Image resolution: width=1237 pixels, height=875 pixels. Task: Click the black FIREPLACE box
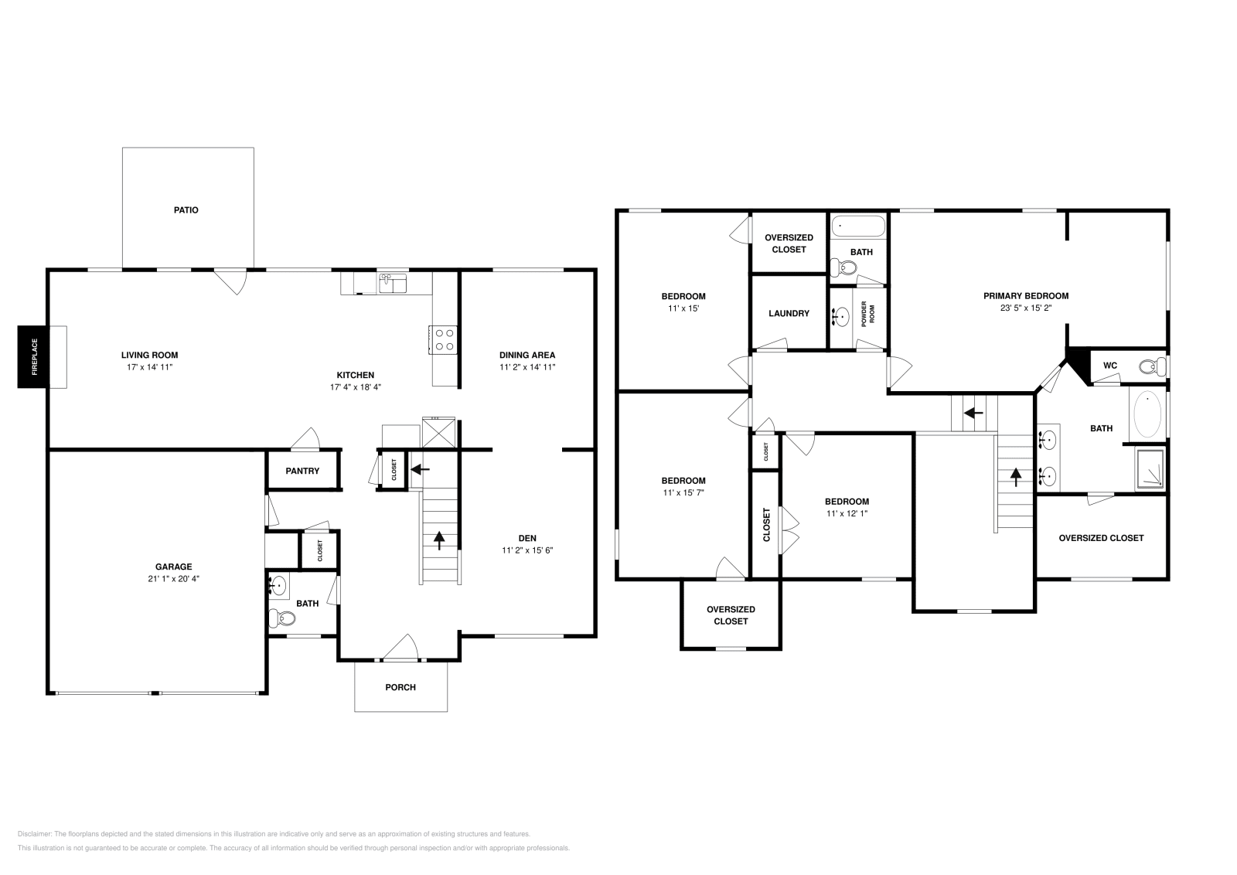(33, 356)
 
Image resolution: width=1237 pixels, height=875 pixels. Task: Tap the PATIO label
(186, 209)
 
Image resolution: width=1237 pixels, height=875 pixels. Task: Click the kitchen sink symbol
(394, 284)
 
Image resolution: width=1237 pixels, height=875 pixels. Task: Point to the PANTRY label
(302, 471)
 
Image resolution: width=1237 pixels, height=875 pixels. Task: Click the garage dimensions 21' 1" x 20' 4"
(173, 578)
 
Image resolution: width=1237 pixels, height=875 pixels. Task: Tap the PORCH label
(400, 687)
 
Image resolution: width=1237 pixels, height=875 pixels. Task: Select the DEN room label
(527, 538)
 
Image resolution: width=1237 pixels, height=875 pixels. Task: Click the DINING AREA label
(527, 355)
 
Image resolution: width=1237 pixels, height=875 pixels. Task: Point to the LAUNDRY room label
(789, 313)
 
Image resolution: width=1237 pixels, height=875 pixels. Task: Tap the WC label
(1109, 366)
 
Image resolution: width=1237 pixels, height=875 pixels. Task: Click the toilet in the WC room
(1151, 366)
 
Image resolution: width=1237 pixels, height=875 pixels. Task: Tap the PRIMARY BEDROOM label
(1026, 295)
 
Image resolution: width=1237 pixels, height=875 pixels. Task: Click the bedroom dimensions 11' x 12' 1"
(847, 513)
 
